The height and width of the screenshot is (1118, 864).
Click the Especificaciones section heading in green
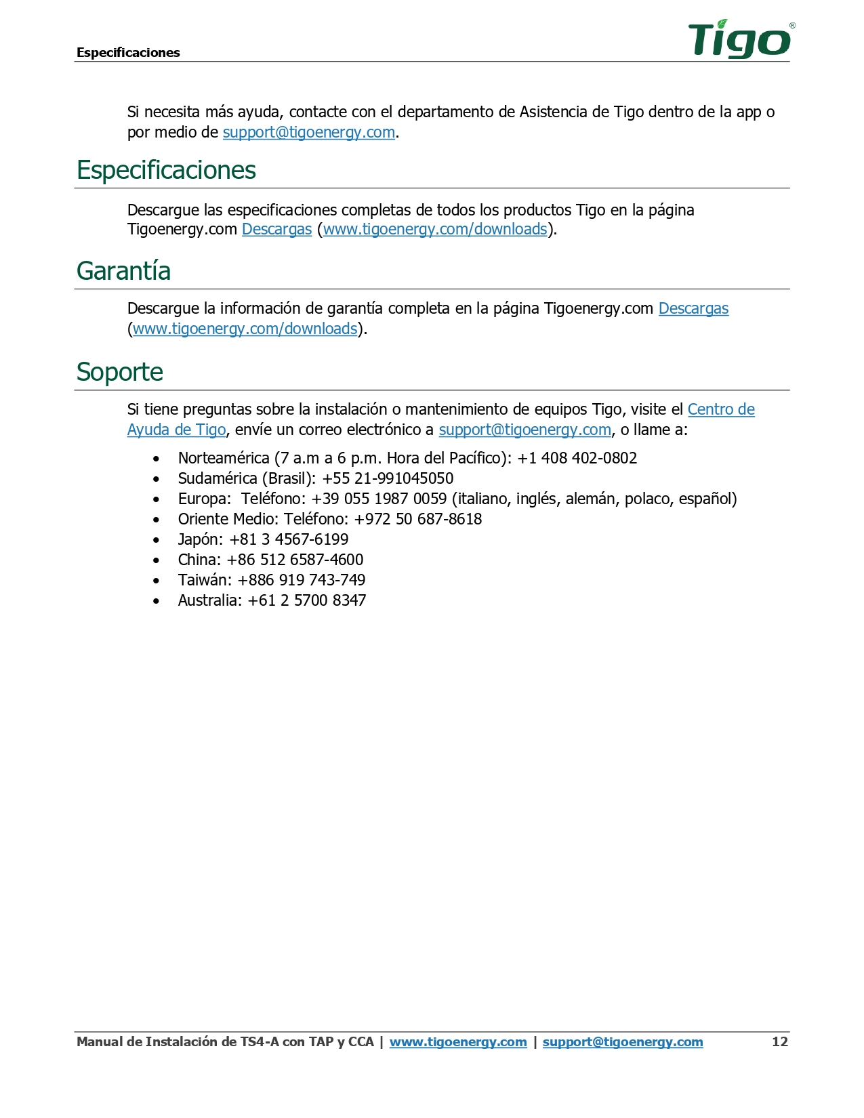166,170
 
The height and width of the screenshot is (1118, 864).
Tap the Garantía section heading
123,271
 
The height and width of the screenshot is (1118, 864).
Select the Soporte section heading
120,372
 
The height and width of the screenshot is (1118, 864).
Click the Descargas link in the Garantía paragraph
693,309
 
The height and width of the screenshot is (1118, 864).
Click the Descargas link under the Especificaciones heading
276,230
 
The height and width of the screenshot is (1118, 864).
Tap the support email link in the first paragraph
309,133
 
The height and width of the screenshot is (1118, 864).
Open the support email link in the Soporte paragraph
524,430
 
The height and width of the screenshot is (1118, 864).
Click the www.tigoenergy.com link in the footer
458,1042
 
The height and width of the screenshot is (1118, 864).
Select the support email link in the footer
623,1042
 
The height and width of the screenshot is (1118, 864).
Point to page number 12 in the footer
780,1042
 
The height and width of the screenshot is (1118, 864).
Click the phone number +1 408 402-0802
577,459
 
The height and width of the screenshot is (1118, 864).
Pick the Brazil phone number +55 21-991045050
388,479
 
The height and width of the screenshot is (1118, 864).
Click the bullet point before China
157,561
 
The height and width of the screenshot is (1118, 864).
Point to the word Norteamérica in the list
224,459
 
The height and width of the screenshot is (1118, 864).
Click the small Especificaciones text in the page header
128,53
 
